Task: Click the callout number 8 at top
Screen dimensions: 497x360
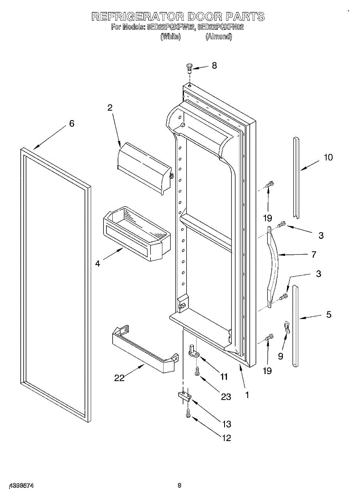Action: click(x=214, y=65)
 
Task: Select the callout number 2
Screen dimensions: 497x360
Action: click(x=110, y=108)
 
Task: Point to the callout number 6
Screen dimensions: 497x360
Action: click(x=72, y=123)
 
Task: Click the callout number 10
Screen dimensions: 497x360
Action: click(x=328, y=157)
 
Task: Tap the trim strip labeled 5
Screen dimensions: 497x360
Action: click(x=295, y=325)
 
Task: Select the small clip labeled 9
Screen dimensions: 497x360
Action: click(x=286, y=327)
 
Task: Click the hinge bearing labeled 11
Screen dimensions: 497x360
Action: click(x=193, y=350)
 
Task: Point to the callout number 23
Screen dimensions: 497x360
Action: click(x=226, y=396)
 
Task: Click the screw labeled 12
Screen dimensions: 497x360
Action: click(x=188, y=413)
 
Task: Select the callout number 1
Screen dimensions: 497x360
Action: click(x=247, y=395)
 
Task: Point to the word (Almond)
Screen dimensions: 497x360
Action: click(x=219, y=36)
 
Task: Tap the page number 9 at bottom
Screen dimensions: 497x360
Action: click(x=179, y=485)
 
